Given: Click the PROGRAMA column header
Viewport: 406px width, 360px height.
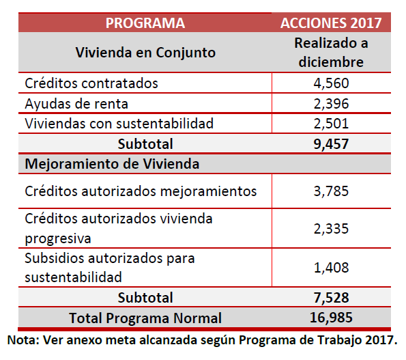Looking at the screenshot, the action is pos(145,23).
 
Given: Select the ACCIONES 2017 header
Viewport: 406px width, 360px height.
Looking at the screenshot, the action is pos(331,23).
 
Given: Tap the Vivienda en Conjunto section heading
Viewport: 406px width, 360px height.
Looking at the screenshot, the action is pos(145,53).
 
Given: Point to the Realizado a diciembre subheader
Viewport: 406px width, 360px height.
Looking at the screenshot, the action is pos(331,53).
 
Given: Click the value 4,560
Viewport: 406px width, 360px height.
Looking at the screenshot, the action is pos(331,83).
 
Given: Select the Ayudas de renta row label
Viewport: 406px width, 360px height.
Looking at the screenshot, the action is pos(76,104).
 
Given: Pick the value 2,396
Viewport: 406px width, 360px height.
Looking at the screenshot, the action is pos(331,104).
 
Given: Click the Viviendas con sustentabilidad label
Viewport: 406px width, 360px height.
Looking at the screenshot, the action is pos(119,124).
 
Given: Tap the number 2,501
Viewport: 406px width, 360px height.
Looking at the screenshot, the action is pos(331,124).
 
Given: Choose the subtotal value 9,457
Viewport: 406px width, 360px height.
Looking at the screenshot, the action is pos(331,144).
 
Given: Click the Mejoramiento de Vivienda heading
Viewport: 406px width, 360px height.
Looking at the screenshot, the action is pos(112,164).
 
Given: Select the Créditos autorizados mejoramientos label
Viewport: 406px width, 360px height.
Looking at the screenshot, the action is pos(141,191).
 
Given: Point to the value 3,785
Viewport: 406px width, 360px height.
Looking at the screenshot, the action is pos(331,191).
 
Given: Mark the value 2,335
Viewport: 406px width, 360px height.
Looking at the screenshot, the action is pos(331,229).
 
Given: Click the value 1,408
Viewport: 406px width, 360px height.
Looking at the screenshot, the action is pos(331,268).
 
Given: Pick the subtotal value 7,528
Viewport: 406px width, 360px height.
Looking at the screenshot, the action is pos(331,298).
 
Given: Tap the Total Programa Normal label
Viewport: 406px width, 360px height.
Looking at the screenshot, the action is pos(145,318).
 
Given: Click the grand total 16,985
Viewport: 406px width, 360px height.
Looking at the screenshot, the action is pos(331,318).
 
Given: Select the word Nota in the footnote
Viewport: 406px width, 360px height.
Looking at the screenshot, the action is pos(23,340).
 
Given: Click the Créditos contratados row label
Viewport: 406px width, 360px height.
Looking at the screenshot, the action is pos(91,83).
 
